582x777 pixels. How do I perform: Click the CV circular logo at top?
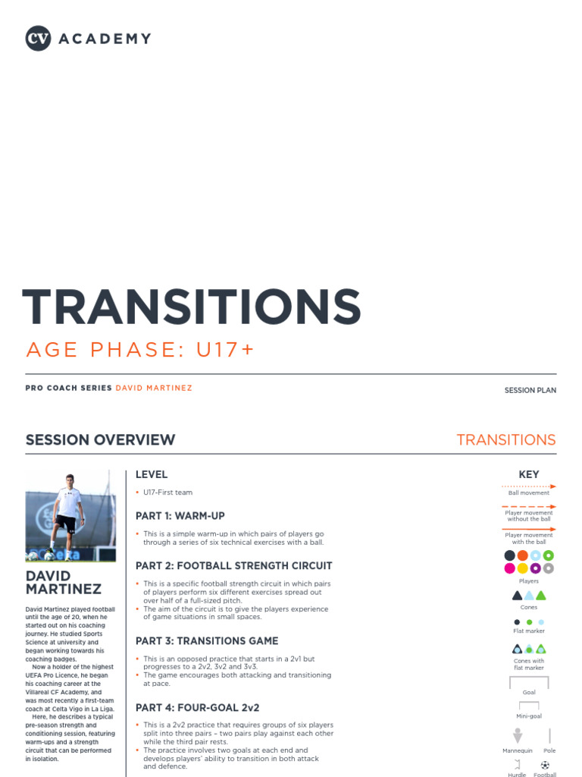(x=38, y=39)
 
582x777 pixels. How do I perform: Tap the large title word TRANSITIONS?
(x=192, y=307)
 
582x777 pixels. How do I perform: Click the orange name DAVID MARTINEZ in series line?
(x=154, y=388)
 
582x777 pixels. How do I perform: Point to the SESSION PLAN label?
(x=530, y=390)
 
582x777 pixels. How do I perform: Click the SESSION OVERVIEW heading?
(x=100, y=440)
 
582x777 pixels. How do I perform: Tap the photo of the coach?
(x=70, y=516)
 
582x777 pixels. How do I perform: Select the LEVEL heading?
(x=152, y=475)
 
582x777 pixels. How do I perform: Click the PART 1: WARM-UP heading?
(x=180, y=516)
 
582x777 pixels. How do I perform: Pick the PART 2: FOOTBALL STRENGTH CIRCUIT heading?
(x=233, y=566)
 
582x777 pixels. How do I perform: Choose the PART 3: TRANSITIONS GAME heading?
(x=207, y=641)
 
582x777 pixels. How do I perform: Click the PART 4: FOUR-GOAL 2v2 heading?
(x=197, y=708)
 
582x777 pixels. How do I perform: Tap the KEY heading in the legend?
(x=529, y=475)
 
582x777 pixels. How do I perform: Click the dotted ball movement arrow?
(x=529, y=486)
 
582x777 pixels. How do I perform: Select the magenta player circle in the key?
(x=510, y=568)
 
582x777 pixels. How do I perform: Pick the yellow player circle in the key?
(x=523, y=568)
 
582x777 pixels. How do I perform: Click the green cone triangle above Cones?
(x=541, y=596)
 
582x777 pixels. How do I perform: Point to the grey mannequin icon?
(x=518, y=736)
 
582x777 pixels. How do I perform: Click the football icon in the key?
(x=545, y=765)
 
